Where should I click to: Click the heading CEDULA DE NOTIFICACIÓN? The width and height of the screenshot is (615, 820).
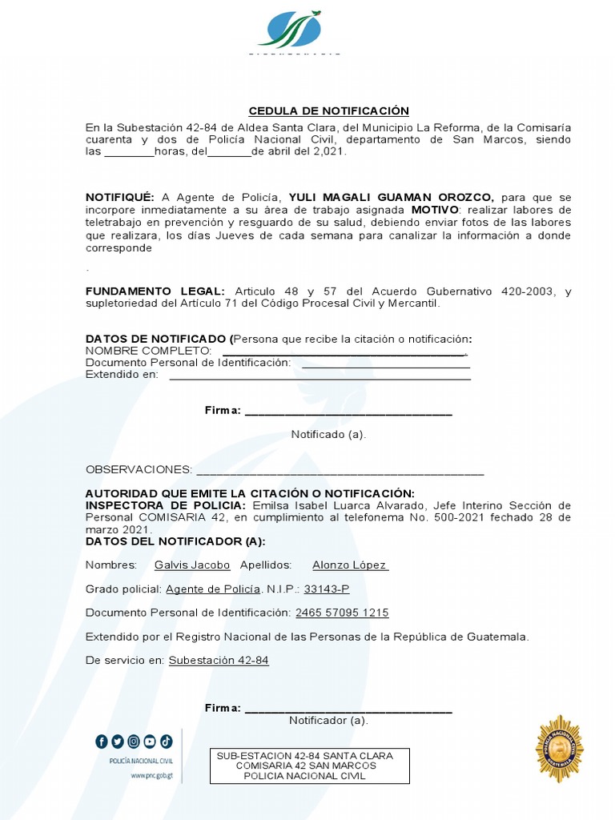coord(328,111)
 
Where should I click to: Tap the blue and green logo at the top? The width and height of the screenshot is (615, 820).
coord(290,30)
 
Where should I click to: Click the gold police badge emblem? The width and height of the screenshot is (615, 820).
coord(559,749)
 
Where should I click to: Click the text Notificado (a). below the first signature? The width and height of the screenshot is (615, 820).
coord(328,434)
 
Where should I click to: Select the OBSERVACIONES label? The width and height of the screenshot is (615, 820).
coord(139,469)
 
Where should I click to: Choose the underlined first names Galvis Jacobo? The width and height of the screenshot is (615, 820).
coord(192,565)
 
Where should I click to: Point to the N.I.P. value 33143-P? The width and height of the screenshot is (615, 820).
coord(327,589)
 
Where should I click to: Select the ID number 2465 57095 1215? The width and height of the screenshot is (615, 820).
coord(342,613)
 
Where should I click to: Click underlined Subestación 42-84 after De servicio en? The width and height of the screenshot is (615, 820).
coord(219,661)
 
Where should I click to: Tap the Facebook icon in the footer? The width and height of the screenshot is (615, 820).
coord(102,742)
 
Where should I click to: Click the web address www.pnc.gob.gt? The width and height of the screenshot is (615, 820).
coord(151,777)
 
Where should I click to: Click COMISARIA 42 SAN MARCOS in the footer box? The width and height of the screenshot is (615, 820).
coord(306,766)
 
